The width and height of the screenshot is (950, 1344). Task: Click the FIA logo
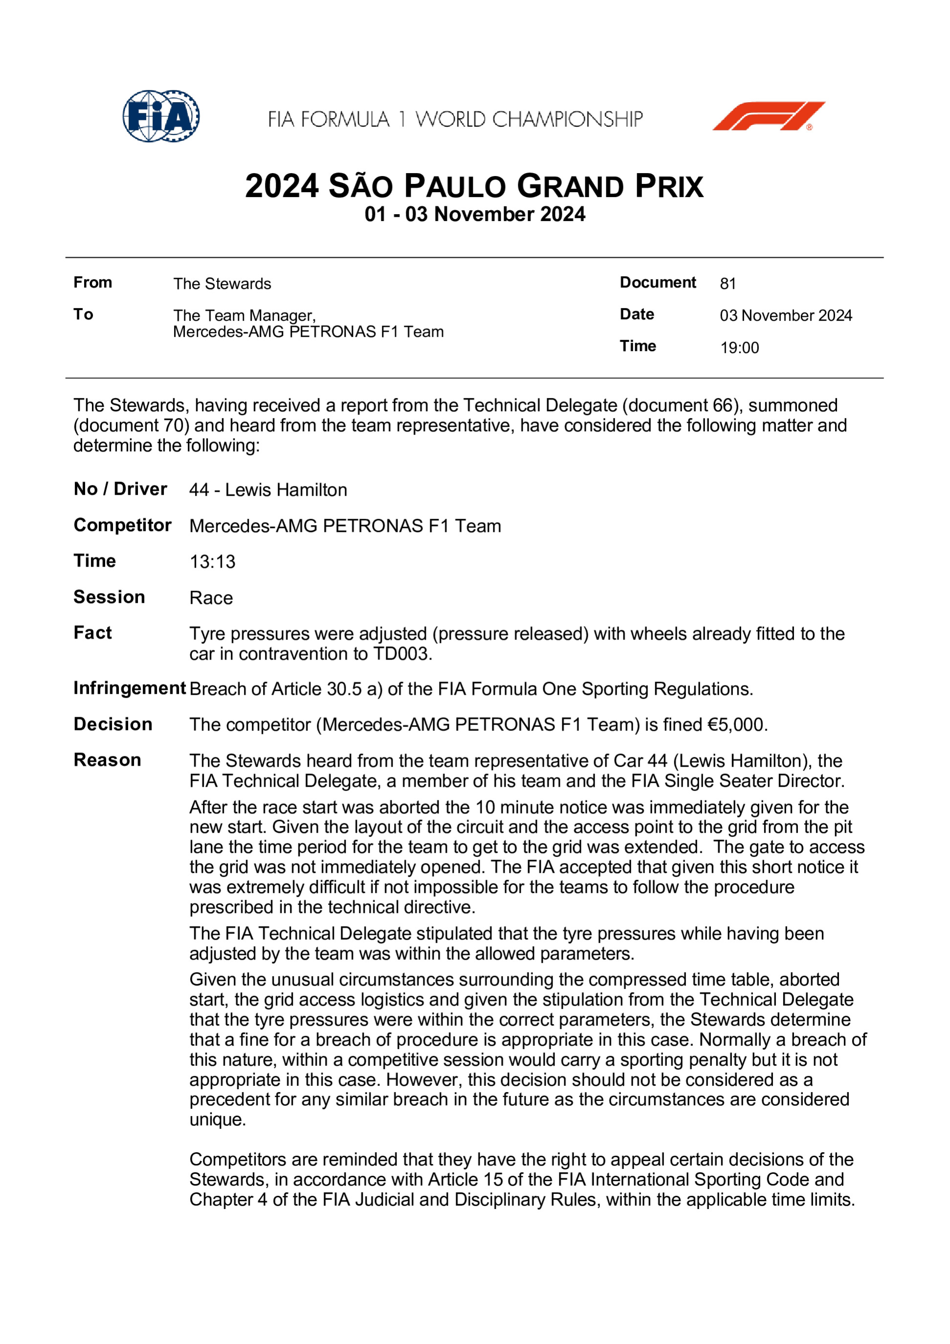161,116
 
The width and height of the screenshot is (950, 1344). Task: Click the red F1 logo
768,116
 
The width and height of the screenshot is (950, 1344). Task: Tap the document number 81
728,284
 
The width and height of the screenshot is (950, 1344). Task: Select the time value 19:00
739,348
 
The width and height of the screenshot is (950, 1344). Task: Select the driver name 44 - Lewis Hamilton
268,490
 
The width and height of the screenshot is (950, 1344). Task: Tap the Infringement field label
130,688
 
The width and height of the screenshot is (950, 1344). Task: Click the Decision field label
113,724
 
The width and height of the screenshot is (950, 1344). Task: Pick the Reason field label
107,760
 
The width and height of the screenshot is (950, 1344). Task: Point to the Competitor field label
122,525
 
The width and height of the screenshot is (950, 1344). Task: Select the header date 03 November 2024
786,315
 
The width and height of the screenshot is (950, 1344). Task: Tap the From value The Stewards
222,284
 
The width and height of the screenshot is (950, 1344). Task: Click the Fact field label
92,633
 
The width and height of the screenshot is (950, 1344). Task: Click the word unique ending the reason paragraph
217,1119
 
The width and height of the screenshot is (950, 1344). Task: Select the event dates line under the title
475,214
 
